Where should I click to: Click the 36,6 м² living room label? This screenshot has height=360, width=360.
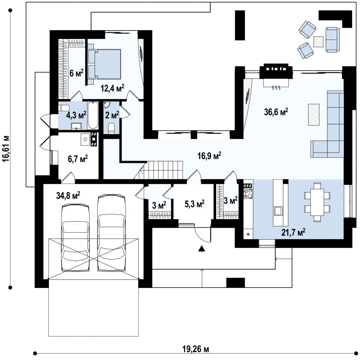276,112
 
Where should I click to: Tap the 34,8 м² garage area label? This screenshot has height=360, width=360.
68,196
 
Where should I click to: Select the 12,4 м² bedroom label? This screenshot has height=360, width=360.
112,88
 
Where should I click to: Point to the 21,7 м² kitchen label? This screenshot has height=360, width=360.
293,232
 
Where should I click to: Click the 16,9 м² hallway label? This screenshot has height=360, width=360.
209,156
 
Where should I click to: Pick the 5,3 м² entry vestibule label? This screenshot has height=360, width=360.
195,204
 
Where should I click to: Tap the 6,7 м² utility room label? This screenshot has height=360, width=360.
78,159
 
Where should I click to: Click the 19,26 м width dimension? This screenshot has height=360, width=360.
195,349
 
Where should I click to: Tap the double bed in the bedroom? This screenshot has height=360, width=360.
105,64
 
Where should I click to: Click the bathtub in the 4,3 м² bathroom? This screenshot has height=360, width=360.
93,115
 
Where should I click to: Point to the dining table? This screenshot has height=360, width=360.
317,202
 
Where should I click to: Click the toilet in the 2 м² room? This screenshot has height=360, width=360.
112,128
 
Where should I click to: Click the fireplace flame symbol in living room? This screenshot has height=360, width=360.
276,87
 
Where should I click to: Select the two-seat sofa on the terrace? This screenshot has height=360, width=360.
333,39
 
